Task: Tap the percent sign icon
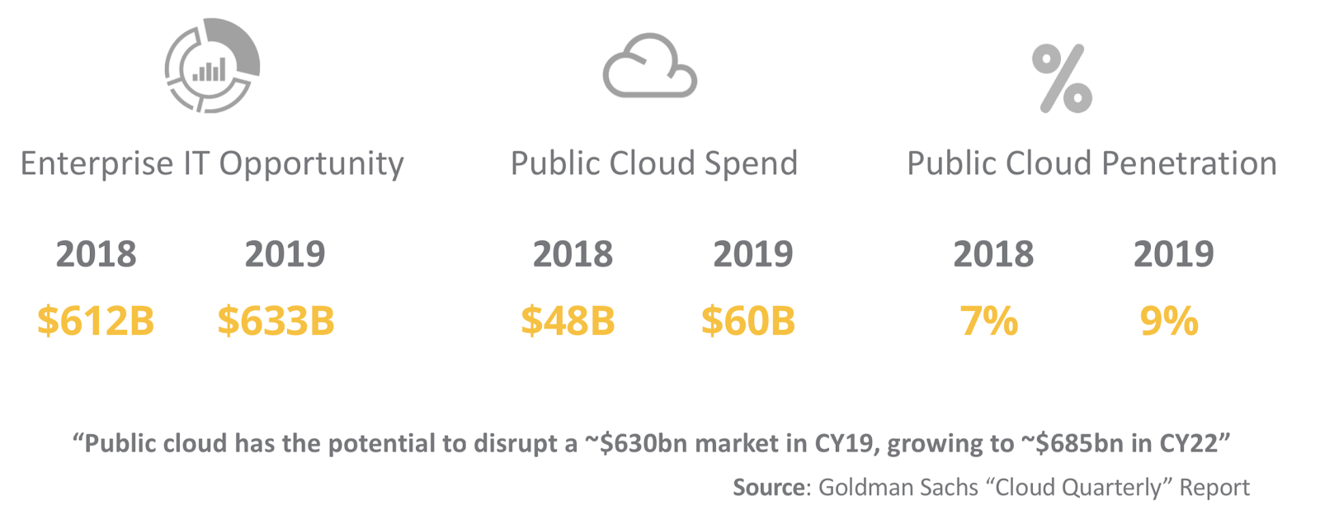1062,79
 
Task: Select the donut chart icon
212,66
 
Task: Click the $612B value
96,321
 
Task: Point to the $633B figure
276,321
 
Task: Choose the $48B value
568,321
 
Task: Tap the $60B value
747,321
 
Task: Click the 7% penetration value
988,321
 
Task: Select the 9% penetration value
1168,321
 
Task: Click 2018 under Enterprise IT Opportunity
96,254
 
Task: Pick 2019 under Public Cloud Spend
752,254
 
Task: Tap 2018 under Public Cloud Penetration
993,254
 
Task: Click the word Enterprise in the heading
97,164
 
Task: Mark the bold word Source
768,488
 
